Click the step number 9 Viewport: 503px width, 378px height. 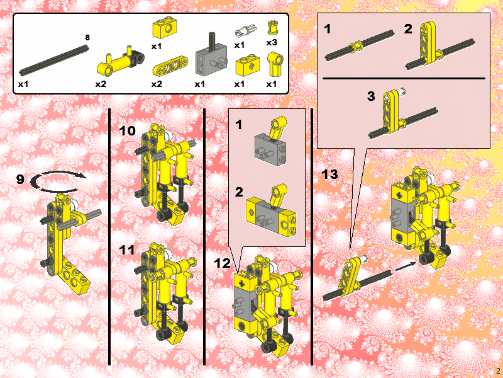(x=20, y=180)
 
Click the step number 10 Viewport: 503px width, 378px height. (x=127, y=131)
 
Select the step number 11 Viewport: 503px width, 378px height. (x=127, y=250)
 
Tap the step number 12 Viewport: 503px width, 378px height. (x=222, y=264)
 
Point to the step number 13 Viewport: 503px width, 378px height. (x=330, y=175)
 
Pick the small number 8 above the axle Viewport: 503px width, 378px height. (x=87, y=38)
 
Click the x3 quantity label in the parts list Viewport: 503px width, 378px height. (x=271, y=43)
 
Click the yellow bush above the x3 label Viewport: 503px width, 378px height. (x=272, y=27)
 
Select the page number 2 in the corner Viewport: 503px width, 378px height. (x=497, y=370)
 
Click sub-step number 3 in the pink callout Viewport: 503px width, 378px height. (x=371, y=96)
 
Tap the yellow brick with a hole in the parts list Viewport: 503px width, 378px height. (x=165, y=29)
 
